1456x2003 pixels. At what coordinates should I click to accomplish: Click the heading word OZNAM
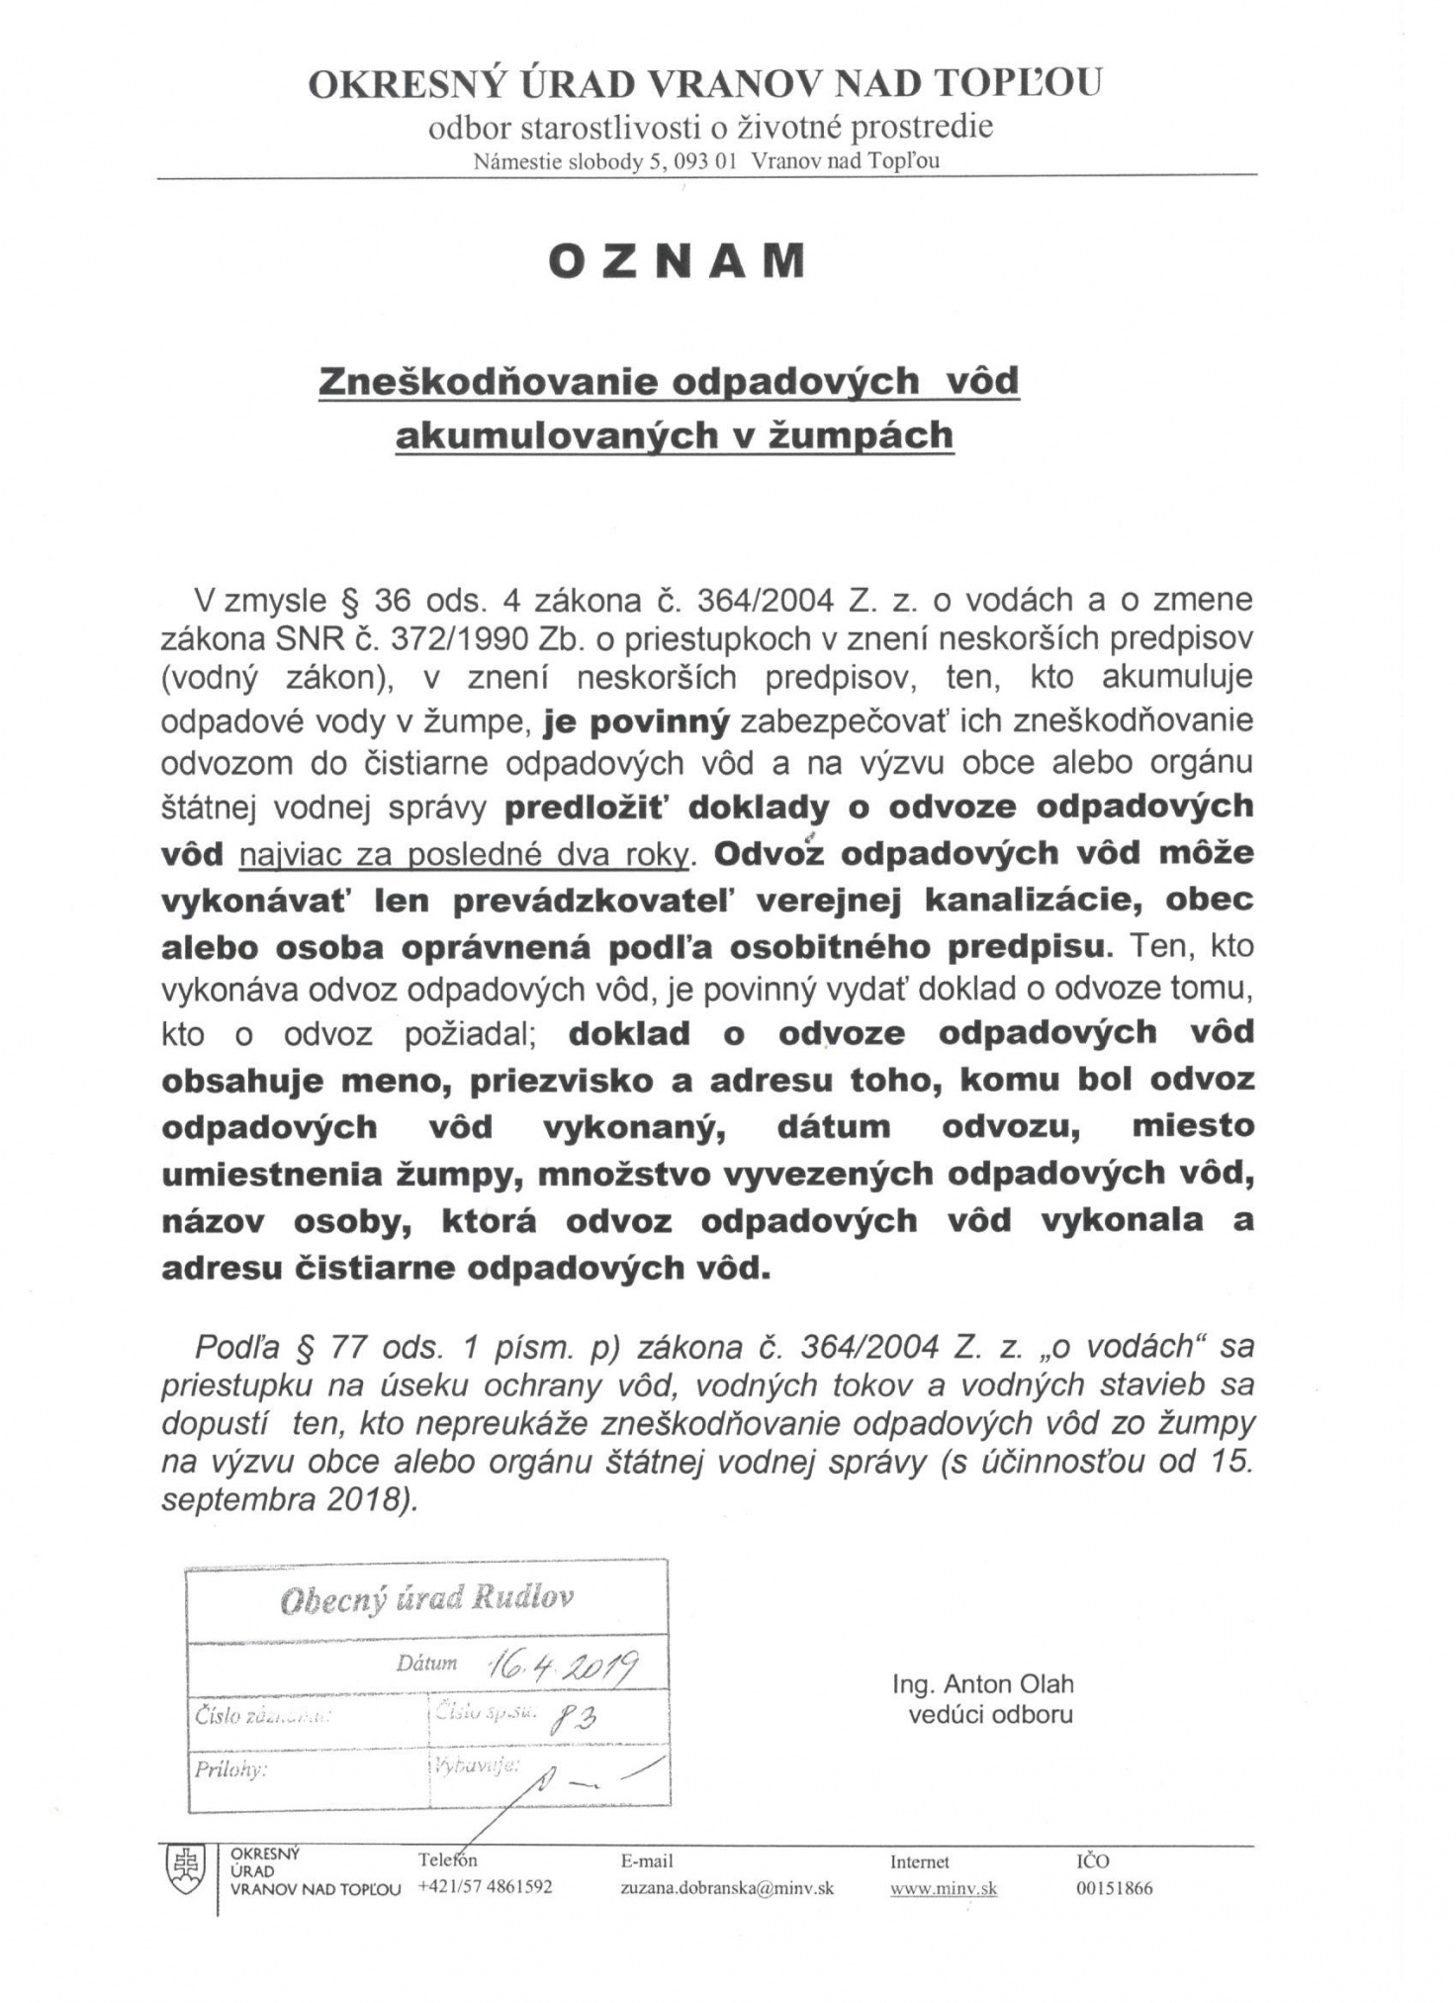click(x=677, y=260)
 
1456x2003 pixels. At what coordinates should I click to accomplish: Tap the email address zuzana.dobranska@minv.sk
click(x=727, y=1887)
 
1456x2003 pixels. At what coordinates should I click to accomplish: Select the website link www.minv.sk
click(x=943, y=1888)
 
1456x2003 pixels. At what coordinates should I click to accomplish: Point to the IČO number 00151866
click(x=1115, y=1887)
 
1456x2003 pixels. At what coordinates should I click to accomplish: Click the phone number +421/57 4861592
click(x=485, y=1886)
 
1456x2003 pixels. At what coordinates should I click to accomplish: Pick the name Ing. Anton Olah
click(x=982, y=1684)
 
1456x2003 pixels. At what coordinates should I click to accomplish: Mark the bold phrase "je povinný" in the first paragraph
click(x=636, y=721)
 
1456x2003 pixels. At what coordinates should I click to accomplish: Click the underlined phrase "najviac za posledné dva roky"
click(x=464, y=854)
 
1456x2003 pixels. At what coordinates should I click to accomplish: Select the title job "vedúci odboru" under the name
click(x=990, y=1714)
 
